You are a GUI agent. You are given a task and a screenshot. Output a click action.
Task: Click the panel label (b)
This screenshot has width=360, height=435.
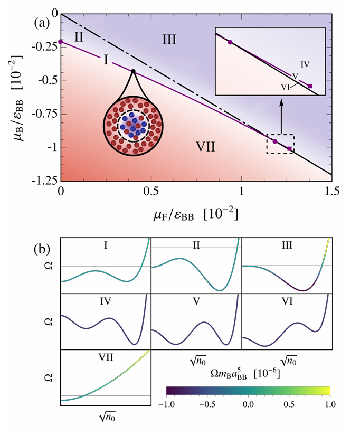click(42, 249)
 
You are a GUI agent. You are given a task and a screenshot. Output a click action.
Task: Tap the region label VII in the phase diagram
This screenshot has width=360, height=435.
click(205, 146)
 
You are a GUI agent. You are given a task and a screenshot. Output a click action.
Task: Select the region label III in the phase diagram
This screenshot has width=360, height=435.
click(169, 40)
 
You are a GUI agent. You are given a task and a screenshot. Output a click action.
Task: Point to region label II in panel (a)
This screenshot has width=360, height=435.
click(79, 37)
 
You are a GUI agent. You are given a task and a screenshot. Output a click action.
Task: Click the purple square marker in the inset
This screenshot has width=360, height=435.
click(310, 86)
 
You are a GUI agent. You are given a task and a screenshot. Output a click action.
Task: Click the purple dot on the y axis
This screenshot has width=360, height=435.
click(61, 42)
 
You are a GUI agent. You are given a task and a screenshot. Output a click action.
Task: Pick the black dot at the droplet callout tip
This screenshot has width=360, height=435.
click(134, 71)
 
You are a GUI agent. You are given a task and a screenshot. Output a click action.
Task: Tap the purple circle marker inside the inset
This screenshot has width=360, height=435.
click(230, 42)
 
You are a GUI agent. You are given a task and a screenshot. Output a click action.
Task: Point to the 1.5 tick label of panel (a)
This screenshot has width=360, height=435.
click(332, 191)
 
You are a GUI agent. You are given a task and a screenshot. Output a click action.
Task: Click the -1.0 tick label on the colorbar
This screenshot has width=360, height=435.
click(167, 404)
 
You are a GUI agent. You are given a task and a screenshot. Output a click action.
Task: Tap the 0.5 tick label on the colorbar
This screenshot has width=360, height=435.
click(289, 404)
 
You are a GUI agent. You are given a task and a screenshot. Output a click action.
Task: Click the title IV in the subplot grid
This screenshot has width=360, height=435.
click(106, 301)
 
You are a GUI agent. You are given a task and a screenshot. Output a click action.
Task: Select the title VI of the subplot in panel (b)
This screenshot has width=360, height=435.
click(287, 301)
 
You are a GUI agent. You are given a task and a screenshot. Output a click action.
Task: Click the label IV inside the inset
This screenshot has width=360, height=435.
click(305, 64)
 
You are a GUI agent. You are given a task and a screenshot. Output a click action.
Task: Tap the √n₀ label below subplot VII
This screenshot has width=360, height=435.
click(107, 417)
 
